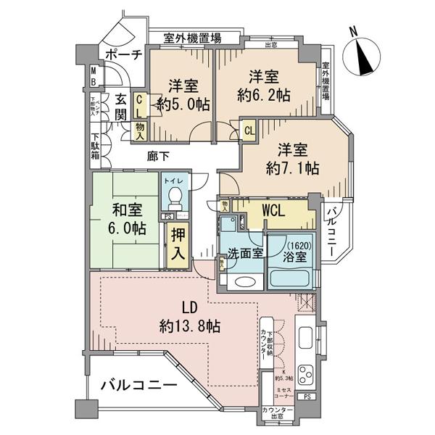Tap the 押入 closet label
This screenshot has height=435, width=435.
(x=177, y=244)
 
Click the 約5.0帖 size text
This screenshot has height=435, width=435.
(x=183, y=104)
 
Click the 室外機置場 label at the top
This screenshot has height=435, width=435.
(x=192, y=38)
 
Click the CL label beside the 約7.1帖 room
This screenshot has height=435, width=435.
(x=248, y=131)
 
